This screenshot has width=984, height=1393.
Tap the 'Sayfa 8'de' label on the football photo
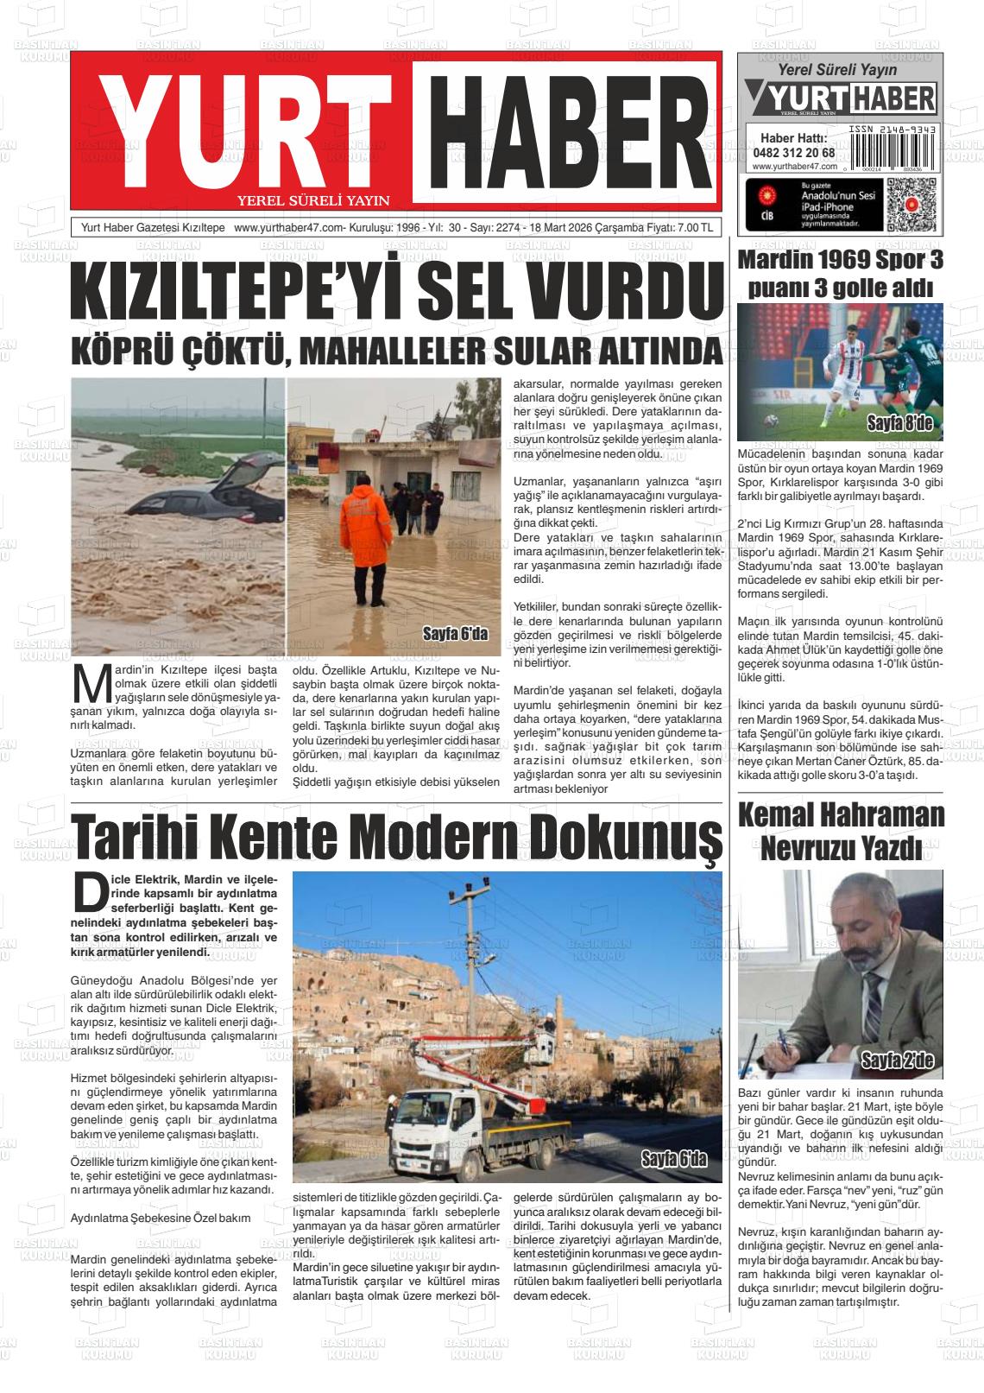tap(900, 423)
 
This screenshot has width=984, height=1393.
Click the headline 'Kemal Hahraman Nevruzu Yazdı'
tap(841, 832)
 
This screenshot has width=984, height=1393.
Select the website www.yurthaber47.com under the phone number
tap(791, 167)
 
